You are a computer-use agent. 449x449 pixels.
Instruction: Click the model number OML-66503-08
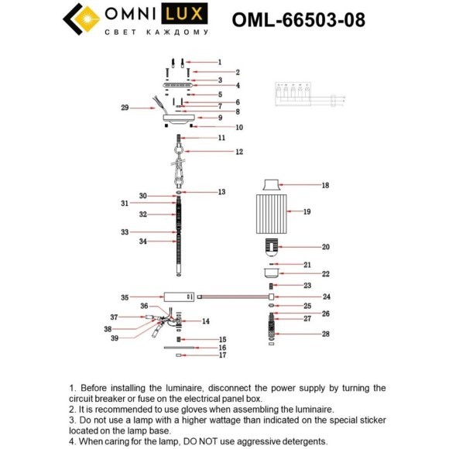coord(298,20)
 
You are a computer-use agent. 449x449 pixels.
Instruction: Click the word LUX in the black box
coord(184,13)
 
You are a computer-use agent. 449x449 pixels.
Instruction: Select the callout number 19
coord(307,211)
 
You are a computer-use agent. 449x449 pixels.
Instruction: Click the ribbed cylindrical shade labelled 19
coord(271,214)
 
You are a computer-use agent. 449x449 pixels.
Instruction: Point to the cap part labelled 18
coord(271,185)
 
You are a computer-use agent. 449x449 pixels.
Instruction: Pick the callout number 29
coord(125,108)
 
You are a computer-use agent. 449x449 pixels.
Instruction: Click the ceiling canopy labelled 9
coord(179,119)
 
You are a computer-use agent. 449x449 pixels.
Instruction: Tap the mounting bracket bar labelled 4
coord(178,85)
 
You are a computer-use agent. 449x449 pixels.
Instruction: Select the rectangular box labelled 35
coord(179,297)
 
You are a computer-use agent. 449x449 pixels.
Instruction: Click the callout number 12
coord(239,152)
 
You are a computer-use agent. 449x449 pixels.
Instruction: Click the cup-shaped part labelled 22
coord(271,273)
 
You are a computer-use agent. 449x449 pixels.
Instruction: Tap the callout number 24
coord(327,296)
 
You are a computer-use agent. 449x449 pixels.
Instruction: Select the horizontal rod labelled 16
coord(179,348)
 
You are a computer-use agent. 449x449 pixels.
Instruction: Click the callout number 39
coord(115,338)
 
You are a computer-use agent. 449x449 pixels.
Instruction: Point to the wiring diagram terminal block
coord(293,94)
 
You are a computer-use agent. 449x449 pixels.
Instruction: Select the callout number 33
coord(125,232)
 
